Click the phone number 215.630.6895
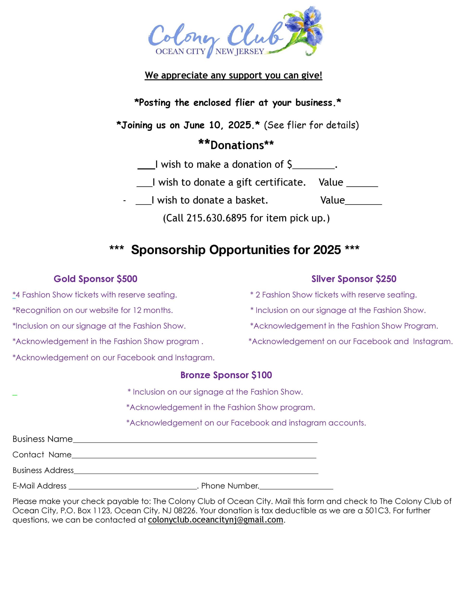[217, 218]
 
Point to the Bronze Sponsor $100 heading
[226, 375]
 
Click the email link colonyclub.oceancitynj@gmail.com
[215, 520]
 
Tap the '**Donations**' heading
[236, 145]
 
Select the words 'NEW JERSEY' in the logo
[240, 52]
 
